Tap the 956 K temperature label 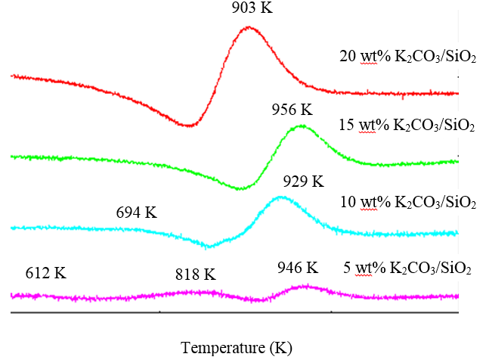pos(292,110)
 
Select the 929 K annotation pos(303,182)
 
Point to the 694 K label pos(136,213)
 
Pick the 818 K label pos(195,273)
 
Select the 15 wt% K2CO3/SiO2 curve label pos(407,126)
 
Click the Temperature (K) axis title pos(237,348)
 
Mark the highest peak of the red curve pos(249,29)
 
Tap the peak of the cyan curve pos(281,197)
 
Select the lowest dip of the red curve pos(189,125)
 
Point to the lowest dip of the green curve pos(240,188)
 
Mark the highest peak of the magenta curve pos(305,286)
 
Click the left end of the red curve pos(11,76)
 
